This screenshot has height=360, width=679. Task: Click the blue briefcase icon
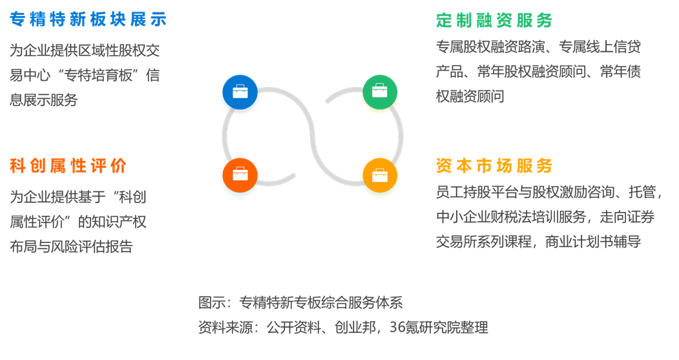tap(240, 92)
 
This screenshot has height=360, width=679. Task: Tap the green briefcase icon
tap(380, 92)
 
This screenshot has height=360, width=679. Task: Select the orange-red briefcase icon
tap(240, 175)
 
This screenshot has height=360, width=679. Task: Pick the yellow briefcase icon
tap(380, 175)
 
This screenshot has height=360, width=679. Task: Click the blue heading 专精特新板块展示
tap(89, 19)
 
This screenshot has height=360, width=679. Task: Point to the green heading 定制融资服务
tap(494, 21)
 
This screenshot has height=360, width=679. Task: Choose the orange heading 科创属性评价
tap(68, 165)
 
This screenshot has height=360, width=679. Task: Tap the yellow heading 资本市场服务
tap(494, 165)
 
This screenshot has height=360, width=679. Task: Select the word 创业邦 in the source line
tap(355, 327)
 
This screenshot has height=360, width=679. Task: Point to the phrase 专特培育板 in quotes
tap(98, 76)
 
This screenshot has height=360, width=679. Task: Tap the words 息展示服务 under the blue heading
tap(44, 100)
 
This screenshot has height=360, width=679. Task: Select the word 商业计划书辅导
tap(593, 242)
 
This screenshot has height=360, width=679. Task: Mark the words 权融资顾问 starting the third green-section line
tap(470, 96)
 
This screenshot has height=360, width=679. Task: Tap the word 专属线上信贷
tap(600, 47)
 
